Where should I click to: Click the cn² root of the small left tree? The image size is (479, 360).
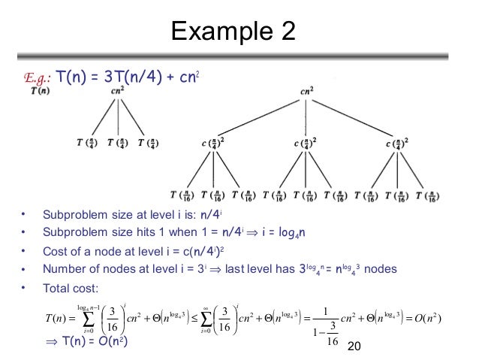pyautogui.click(x=118, y=92)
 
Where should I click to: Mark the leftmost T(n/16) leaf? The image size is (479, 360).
pyautogui.click(x=180, y=195)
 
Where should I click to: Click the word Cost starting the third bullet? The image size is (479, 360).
pyautogui.click(x=55, y=250)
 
